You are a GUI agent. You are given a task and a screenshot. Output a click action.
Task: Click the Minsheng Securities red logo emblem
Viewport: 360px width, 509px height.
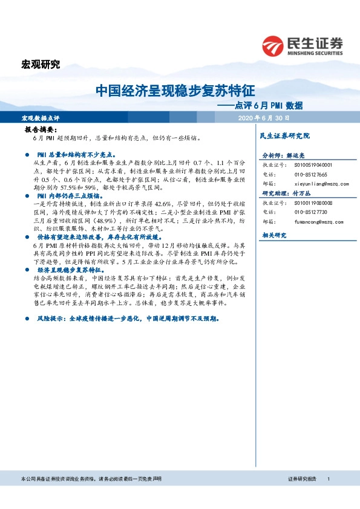pyautogui.click(x=273, y=45)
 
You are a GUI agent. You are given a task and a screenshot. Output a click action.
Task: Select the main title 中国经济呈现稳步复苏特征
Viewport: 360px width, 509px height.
pyautogui.click(x=175, y=91)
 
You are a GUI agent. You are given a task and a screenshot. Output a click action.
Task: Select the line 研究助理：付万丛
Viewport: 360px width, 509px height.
pyautogui.click(x=284, y=193)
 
